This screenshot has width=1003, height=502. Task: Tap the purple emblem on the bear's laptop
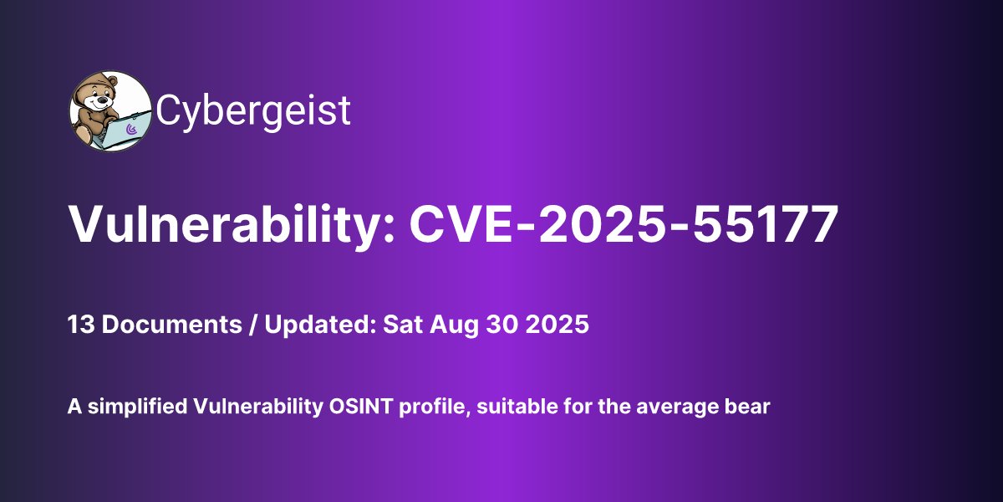tap(130, 130)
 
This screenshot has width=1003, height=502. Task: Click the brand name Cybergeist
tap(253, 111)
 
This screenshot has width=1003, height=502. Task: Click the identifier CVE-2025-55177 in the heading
tap(623, 224)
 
